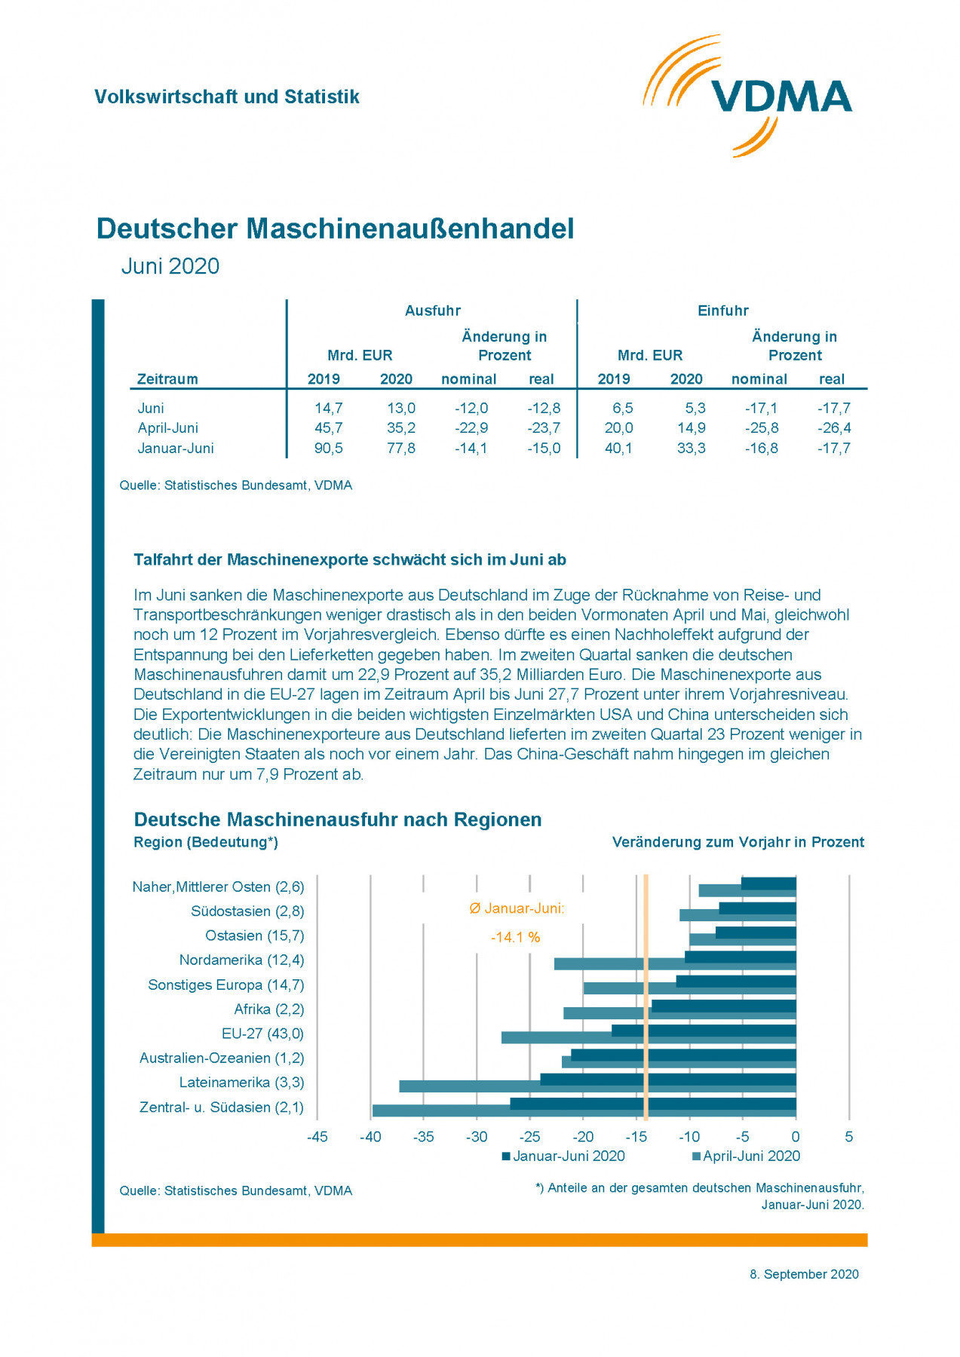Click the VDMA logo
click(x=747, y=96)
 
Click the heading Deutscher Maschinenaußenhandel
click(x=335, y=229)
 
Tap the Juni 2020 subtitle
click(x=170, y=266)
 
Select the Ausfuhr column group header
click(x=432, y=311)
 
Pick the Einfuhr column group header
click(x=722, y=311)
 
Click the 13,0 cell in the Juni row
click(x=400, y=409)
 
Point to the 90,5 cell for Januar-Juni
click(x=328, y=449)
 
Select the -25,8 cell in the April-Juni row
click(x=762, y=428)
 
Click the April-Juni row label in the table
click(x=167, y=428)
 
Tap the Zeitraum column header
click(x=167, y=379)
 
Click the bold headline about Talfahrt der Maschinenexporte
click(x=350, y=560)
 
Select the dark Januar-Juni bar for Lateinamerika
click(x=667, y=1080)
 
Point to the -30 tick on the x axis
click(x=477, y=1137)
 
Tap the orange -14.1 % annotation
click(x=516, y=938)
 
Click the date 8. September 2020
click(x=804, y=1274)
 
